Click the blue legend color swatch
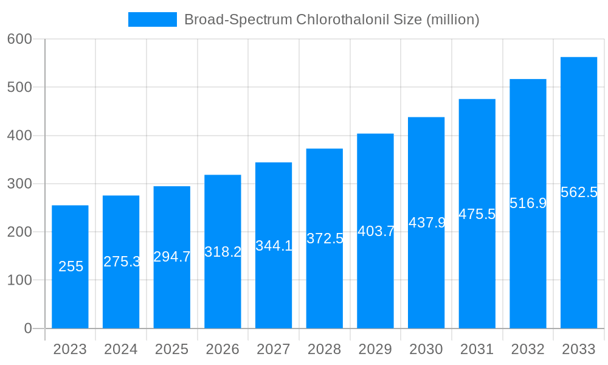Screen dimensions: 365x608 coord(152,19)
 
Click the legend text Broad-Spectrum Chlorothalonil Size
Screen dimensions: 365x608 coord(332,19)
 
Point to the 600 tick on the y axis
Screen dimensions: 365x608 coord(19,39)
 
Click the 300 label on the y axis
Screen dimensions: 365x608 coord(19,184)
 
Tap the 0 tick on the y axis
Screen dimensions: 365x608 coord(27,328)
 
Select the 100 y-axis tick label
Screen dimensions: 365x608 coord(19,280)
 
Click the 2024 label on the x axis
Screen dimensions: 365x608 coord(121,350)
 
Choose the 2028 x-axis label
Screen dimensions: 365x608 coord(324,350)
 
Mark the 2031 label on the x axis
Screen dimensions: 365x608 coord(477,350)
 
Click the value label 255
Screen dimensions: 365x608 coord(71,266)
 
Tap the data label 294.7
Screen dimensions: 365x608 coord(172,257)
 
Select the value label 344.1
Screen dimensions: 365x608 coord(274,246)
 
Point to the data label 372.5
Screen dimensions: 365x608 coord(325,238)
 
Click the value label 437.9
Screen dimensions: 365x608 coord(426,223)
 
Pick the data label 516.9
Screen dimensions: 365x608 coord(528,203)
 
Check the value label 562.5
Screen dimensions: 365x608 coord(579,192)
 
